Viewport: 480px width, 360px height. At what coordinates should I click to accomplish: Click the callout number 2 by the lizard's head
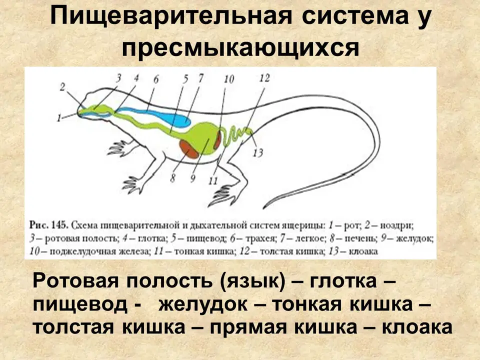(62, 87)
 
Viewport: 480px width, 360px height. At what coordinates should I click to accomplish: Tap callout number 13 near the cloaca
(258, 152)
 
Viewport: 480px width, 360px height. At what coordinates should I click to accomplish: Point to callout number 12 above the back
(264, 78)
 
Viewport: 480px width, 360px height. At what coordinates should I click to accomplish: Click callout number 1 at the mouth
(59, 118)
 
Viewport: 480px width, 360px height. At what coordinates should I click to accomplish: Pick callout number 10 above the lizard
(229, 79)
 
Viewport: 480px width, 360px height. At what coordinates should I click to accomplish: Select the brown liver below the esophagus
(189, 149)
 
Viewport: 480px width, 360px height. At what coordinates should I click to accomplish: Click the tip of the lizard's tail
(264, 208)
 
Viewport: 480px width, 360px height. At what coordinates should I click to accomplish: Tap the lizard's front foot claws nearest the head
(116, 147)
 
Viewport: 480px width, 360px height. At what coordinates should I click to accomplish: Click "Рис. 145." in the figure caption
(48, 225)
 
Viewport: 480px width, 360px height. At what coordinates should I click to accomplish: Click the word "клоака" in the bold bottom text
(417, 327)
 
